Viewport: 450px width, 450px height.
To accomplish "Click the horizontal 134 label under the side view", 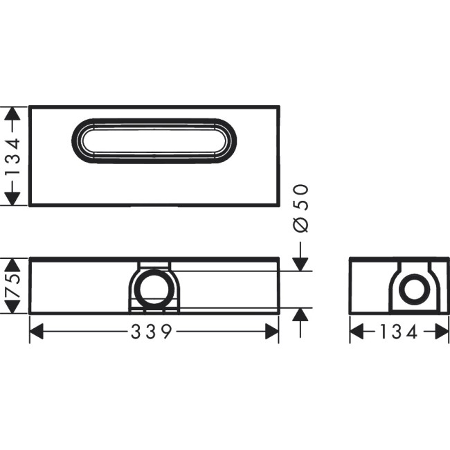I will click(x=399, y=333).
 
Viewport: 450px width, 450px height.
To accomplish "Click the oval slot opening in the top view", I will click(x=154, y=141).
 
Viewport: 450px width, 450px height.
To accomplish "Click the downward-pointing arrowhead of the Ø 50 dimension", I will click(x=300, y=264).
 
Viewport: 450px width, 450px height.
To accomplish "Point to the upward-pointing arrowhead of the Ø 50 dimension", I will click(x=300, y=314).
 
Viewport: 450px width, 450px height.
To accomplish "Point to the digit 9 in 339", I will click(x=165, y=333).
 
